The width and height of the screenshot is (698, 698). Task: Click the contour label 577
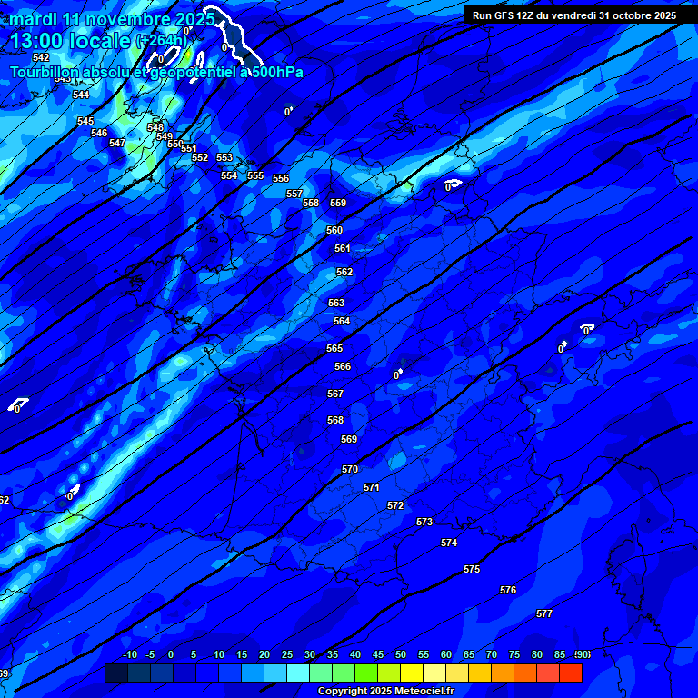click(544, 614)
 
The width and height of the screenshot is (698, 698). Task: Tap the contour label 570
click(350, 470)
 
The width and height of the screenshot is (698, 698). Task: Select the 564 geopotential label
click(342, 322)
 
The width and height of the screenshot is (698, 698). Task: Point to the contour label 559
click(338, 204)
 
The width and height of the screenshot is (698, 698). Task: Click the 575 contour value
click(472, 570)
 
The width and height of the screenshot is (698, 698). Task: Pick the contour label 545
click(85, 122)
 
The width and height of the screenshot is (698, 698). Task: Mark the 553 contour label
click(224, 158)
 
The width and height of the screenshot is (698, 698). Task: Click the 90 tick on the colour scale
click(583, 655)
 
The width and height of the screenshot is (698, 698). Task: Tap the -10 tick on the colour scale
click(129, 655)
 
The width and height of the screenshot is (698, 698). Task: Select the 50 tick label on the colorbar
click(401, 655)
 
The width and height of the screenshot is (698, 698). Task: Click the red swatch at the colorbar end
click(571, 673)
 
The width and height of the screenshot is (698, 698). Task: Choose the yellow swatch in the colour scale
click(412, 673)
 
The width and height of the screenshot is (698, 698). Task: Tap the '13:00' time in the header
click(38, 41)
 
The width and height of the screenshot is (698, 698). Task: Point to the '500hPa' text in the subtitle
click(272, 73)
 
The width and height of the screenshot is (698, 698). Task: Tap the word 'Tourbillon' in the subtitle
click(45, 73)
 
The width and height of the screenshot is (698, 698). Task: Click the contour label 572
click(395, 506)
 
